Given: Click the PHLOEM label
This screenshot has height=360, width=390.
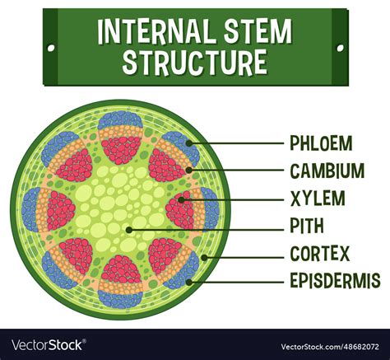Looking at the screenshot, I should click(x=321, y=143).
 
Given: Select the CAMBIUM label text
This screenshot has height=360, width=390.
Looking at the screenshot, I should click(x=327, y=171).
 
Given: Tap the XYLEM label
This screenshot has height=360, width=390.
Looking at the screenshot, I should click(x=317, y=199).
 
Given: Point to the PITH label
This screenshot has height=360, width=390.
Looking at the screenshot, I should click(x=307, y=226).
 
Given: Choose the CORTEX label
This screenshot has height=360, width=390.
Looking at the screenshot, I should click(x=320, y=253).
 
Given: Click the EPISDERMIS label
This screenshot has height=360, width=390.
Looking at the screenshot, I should click(x=335, y=281).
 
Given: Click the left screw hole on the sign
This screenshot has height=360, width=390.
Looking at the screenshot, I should click(x=53, y=48).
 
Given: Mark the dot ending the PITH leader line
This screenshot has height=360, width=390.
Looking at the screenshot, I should click(x=128, y=228).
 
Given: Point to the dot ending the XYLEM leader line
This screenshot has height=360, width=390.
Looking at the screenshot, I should click(x=183, y=199).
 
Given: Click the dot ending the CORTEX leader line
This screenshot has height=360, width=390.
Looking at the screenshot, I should click(x=203, y=255).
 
